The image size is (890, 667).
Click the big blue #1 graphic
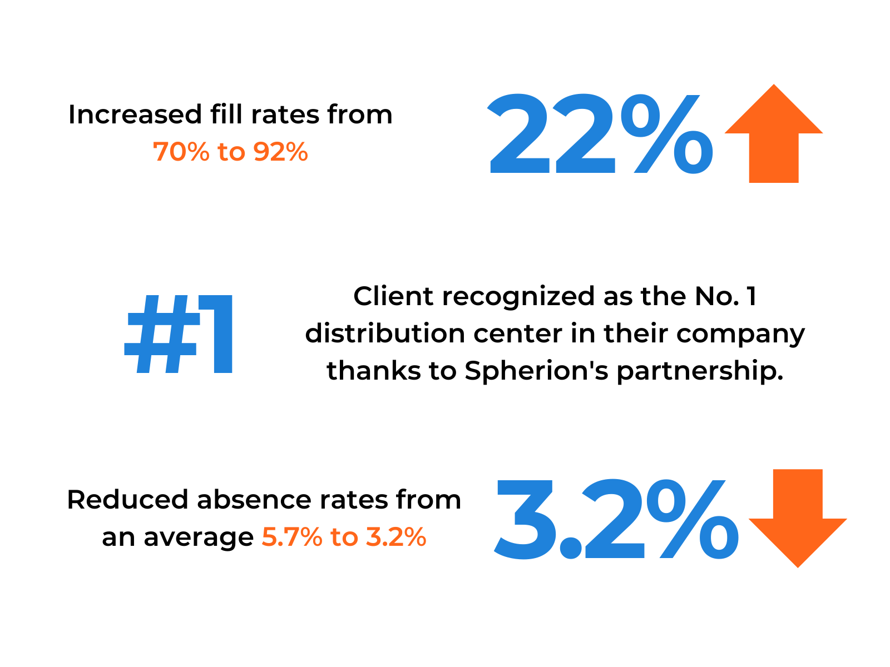click(179, 335)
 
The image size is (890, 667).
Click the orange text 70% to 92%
click(230, 152)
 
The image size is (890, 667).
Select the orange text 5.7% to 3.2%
click(344, 537)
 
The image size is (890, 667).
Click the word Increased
click(135, 115)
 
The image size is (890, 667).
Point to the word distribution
click(385, 333)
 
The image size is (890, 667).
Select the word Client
click(393, 296)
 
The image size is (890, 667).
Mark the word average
click(199, 537)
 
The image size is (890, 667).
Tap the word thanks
click(373, 371)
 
